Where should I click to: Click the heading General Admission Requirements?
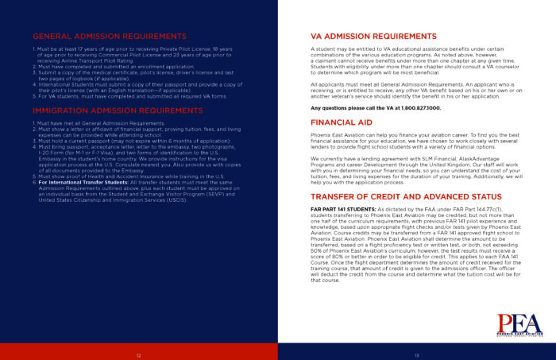[x=110, y=37]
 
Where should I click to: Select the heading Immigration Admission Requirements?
[x=118, y=110]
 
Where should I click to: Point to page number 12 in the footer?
[x=139, y=354]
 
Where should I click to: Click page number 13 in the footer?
[x=416, y=354]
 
